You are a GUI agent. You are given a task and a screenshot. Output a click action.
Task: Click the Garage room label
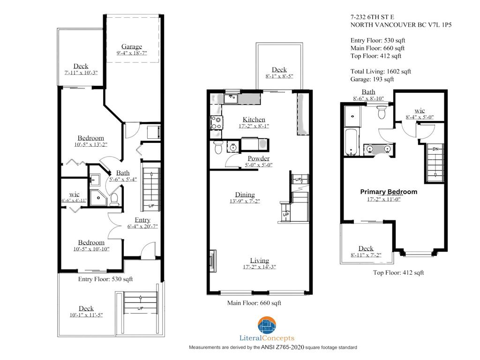[132, 46]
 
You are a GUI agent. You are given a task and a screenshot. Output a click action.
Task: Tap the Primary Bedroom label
[389, 192]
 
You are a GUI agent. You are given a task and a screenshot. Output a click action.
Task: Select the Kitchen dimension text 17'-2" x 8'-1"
[254, 126]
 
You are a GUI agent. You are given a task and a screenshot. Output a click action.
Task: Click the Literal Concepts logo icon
[267, 325]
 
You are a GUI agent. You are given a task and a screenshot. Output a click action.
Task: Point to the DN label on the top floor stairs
[435, 149]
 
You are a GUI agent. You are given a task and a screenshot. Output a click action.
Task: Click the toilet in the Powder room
[218, 147]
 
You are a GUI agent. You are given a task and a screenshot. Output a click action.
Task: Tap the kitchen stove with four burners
[217, 123]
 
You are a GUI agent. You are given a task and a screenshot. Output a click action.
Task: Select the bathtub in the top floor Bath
[351, 142]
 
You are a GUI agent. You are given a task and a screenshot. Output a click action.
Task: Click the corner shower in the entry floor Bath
[98, 198]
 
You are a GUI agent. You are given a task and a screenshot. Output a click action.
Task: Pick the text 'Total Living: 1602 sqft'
[381, 72]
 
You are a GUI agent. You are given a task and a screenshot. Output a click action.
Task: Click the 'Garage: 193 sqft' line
[372, 79]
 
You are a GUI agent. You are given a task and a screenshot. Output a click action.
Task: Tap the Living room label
[260, 261]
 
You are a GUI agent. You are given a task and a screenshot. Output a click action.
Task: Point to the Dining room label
[245, 195]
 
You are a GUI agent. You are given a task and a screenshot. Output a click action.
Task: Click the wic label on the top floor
[420, 111]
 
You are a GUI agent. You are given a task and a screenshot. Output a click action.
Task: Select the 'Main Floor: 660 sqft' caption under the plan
[254, 303]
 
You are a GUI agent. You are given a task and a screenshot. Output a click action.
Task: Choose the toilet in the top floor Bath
[382, 112]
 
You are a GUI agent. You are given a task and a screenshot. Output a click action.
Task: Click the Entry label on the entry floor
[142, 220]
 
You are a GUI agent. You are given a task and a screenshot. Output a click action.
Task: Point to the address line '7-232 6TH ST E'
[372, 17]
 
